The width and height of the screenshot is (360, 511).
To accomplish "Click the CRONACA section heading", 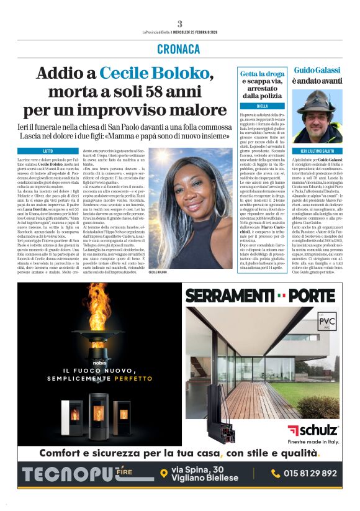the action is click(x=179, y=49).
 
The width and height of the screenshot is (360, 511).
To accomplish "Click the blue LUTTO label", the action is click(x=48, y=151).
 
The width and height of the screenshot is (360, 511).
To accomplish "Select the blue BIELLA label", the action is click(x=261, y=106).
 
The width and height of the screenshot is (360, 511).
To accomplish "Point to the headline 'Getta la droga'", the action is click(x=261, y=74).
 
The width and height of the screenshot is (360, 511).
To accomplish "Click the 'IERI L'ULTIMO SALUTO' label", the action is click(x=317, y=151).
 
